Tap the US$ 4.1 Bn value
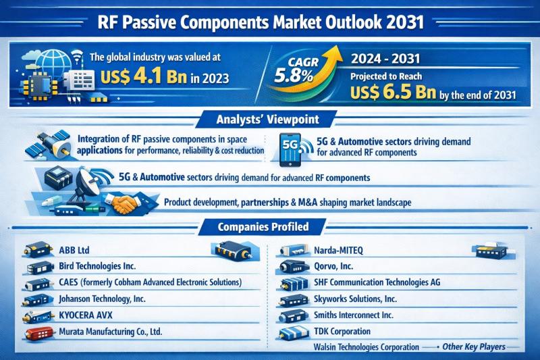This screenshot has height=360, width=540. tap(144, 76)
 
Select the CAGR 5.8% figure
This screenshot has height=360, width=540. tap(294, 70)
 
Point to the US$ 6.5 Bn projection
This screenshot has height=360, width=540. tap(393, 92)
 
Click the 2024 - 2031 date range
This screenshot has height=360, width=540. tap(385, 59)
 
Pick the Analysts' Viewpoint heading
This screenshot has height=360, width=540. tap(267, 119)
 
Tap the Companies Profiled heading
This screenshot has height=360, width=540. tap(263, 227)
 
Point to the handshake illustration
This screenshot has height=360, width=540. tap(124, 203)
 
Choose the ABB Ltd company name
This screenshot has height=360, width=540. tap(74, 250)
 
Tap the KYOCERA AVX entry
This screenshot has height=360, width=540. tap(86, 315)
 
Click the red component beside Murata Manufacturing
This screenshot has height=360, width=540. tap(39, 333)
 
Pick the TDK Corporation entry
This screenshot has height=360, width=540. tap(342, 332)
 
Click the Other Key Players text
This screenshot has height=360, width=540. tap(474, 346)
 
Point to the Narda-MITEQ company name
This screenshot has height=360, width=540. tap(338, 250)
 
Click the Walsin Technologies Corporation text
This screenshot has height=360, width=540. tap(367, 347)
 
